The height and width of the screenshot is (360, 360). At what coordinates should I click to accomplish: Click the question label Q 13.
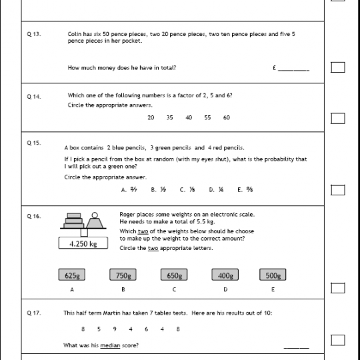(x=34, y=33)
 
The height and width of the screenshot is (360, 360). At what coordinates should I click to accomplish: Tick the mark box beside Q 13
(x=338, y=67)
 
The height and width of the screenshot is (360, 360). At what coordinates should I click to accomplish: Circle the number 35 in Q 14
(x=170, y=117)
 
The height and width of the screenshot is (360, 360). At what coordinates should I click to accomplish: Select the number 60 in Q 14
(x=227, y=117)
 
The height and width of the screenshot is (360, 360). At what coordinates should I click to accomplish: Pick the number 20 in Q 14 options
(x=151, y=117)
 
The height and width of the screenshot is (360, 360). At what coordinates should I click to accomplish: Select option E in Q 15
(x=245, y=190)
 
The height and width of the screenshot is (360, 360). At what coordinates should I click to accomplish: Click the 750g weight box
(x=123, y=275)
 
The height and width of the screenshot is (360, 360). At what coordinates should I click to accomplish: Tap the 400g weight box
(x=225, y=275)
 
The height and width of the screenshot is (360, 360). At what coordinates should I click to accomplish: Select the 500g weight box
(x=273, y=275)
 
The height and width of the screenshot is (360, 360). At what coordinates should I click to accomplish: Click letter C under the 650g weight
(x=174, y=290)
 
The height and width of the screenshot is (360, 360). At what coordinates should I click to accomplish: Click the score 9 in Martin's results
(x=115, y=329)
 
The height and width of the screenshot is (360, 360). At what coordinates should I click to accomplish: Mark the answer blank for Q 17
(x=296, y=345)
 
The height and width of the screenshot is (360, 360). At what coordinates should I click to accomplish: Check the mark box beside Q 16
(x=338, y=288)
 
